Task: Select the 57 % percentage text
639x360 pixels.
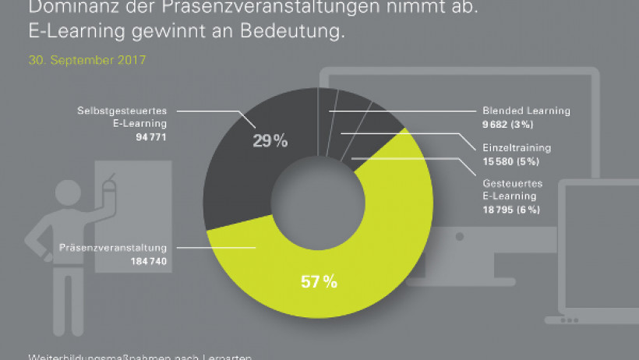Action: (x=319, y=281)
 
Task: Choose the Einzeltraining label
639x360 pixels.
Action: (x=517, y=146)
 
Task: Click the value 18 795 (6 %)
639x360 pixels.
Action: (x=511, y=210)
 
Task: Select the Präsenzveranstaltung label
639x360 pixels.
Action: (x=109, y=249)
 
